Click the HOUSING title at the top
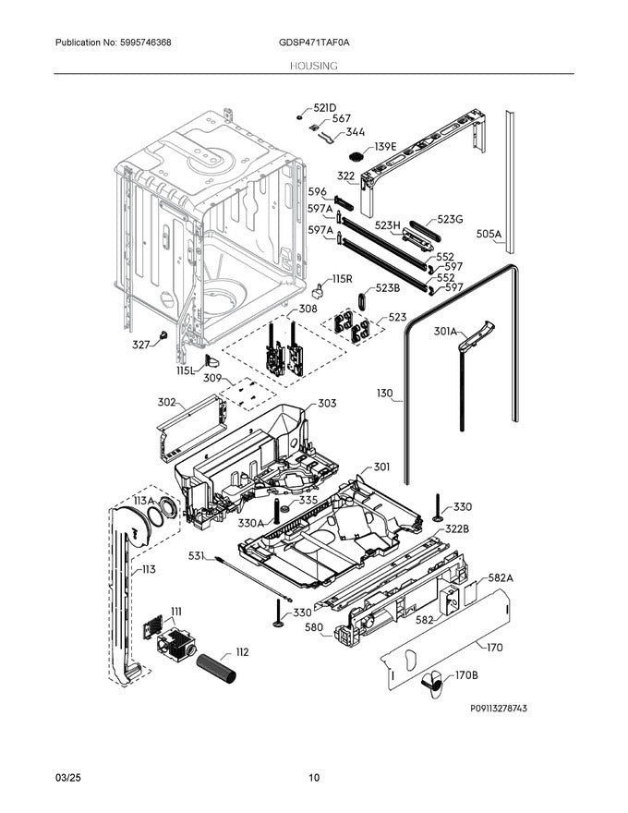pyautogui.click(x=313, y=66)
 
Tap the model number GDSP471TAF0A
pyautogui.click(x=313, y=43)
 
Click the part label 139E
pyautogui.click(x=385, y=147)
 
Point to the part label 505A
pyautogui.click(x=489, y=236)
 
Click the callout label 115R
pyautogui.click(x=343, y=278)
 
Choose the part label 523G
pyautogui.click(x=450, y=219)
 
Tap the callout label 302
pyautogui.click(x=166, y=402)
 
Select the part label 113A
pyautogui.click(x=143, y=500)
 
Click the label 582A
pyautogui.click(x=501, y=577)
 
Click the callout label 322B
pyautogui.click(x=457, y=528)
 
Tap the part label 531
pyautogui.click(x=196, y=555)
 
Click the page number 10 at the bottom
pyautogui.click(x=314, y=778)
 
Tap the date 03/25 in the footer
pyautogui.click(x=68, y=778)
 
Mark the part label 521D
pyautogui.click(x=325, y=108)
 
